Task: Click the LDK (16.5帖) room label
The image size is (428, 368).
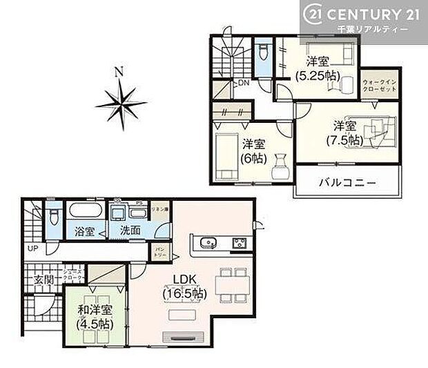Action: pos(184,286)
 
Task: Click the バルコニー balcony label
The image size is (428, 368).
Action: pos(347,183)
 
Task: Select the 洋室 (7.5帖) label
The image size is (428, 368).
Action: pos(344,133)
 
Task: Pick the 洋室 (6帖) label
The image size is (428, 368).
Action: pos(253,151)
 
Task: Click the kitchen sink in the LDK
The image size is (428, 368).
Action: pos(206,242)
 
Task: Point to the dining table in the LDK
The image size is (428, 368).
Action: pos(231,282)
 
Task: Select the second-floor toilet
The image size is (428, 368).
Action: pos(262,53)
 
